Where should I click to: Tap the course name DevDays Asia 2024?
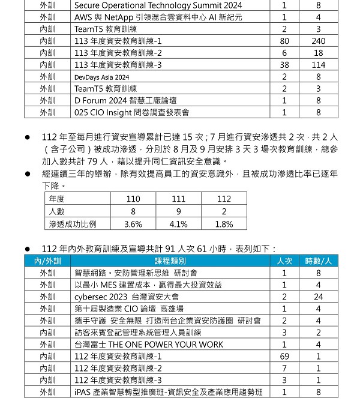(x=102, y=77)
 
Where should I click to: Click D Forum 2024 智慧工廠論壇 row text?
(x=125, y=100)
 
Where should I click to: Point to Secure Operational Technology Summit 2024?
(x=149, y=5)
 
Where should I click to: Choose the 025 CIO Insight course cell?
(x=131, y=112)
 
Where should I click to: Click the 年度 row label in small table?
(x=57, y=199)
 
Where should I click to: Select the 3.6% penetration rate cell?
(x=133, y=224)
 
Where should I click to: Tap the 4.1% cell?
(x=178, y=224)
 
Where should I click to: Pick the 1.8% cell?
(x=224, y=224)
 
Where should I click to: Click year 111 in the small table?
(x=178, y=199)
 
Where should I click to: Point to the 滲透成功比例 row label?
(x=73, y=224)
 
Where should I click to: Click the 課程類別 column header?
(x=170, y=261)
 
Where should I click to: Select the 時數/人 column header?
(x=318, y=261)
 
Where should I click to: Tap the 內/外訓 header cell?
(x=47, y=261)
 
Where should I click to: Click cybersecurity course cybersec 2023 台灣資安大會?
(x=127, y=297)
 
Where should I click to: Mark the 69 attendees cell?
(x=284, y=357)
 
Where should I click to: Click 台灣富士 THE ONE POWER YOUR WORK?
(x=148, y=345)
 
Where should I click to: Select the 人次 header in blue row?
(x=284, y=261)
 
